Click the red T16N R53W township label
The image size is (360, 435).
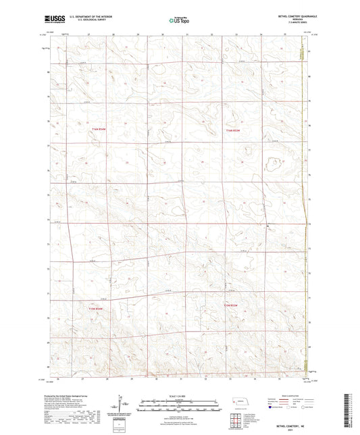tap(233, 130)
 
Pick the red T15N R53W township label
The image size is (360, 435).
tap(231, 306)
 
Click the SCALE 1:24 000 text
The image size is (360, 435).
tap(179, 395)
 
